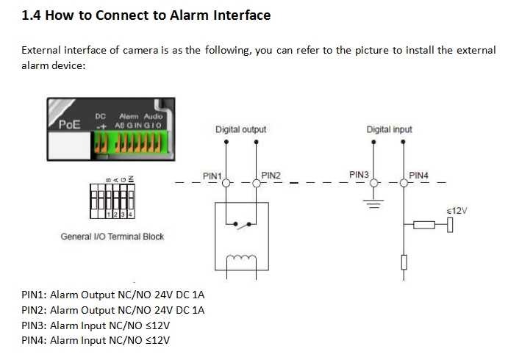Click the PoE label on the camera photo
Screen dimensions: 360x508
coord(70,123)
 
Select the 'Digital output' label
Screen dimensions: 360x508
coord(240,129)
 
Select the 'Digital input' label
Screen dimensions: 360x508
coord(389,129)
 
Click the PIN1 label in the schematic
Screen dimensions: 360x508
coord(212,176)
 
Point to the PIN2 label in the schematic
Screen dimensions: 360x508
coord(271,176)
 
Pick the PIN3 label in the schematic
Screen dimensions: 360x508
coord(359,175)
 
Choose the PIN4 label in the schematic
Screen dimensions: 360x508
coord(418,176)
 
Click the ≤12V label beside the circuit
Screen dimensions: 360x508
coord(457,211)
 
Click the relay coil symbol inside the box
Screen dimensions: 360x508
coord(240,258)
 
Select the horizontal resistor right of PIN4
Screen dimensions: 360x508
coord(424,225)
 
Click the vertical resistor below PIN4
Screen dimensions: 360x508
coord(404,262)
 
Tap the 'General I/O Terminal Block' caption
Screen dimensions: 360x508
coord(112,237)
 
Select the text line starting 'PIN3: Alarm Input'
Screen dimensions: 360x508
coord(96,325)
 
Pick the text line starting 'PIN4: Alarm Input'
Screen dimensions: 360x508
coord(96,339)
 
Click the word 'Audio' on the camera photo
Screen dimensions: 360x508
coord(153,116)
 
